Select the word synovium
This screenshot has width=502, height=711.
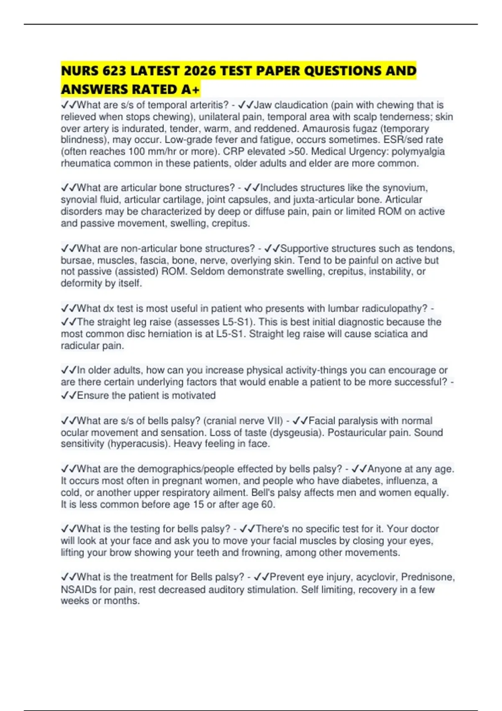tap(405, 188)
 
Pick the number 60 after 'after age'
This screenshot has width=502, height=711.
tap(267, 504)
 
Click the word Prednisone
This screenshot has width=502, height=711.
tap(427, 577)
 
